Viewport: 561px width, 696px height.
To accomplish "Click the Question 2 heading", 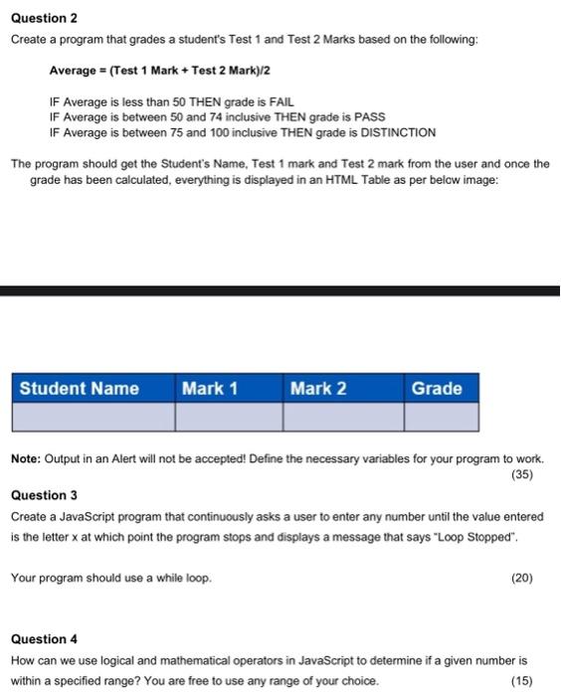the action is (x=44, y=18).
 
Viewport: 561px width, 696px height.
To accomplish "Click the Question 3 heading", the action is (x=44, y=494).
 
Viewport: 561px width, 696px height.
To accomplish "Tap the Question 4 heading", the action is (x=44, y=638).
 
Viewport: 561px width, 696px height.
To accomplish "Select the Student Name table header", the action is (x=80, y=388).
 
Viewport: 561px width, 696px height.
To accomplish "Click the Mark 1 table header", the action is (x=210, y=388).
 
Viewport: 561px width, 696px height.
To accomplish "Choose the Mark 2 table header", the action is (x=318, y=388).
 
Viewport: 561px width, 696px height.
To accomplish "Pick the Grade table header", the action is (x=437, y=388).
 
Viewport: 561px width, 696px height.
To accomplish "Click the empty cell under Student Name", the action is (x=93, y=416).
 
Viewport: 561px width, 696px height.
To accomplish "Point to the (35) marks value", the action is (x=522, y=474).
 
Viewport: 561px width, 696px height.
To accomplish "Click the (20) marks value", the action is (x=522, y=577).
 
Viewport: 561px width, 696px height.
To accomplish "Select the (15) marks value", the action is (x=522, y=681).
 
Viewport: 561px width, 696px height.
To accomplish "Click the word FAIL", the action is (x=279, y=102).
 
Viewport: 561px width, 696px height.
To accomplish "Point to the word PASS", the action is (x=369, y=117).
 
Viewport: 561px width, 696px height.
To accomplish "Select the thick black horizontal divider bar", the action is (x=280, y=290).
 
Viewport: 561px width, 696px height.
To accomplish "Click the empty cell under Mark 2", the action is (x=343, y=416).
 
